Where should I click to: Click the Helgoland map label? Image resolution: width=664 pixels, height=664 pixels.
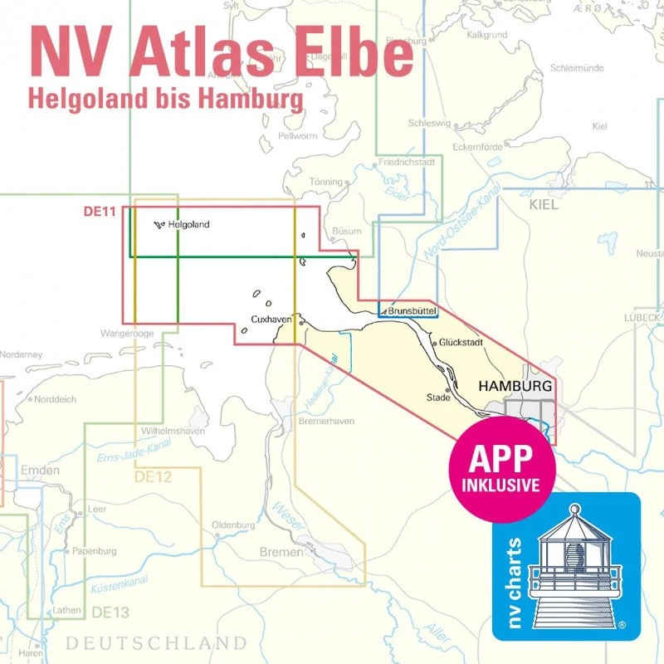tap(188, 224)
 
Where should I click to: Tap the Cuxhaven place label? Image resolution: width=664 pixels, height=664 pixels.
tap(271, 320)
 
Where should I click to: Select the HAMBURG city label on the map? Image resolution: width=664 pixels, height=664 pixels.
tap(516, 387)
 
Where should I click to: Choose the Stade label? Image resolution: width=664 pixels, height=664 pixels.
tap(437, 398)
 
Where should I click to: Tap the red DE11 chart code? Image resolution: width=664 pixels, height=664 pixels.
tap(98, 211)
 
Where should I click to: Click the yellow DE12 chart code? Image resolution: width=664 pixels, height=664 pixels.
tap(152, 476)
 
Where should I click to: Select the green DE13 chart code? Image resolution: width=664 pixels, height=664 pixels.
tap(110, 613)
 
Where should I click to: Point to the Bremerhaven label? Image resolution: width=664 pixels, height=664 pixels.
tap(326, 421)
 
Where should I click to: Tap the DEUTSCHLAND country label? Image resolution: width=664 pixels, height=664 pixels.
tap(156, 643)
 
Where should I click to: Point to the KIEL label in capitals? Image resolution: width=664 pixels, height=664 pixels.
tap(544, 203)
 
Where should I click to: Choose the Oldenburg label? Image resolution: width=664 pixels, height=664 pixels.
tap(233, 525)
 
